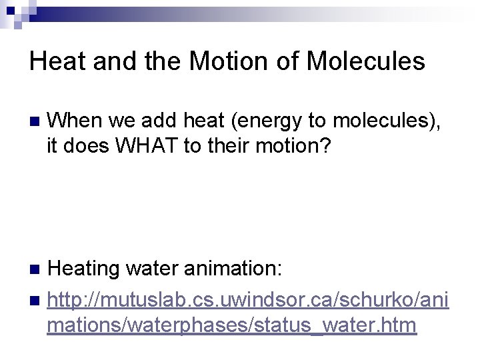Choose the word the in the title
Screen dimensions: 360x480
click(164, 61)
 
